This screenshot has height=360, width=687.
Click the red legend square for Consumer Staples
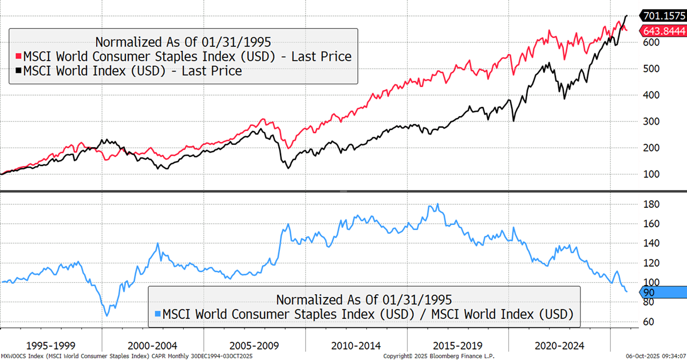(x=18, y=56)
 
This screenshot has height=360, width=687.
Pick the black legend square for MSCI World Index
(x=18, y=71)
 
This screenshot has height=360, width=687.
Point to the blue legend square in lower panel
(x=157, y=314)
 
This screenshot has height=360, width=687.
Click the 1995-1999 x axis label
(x=51, y=346)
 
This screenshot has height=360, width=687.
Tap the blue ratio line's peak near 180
(x=437, y=204)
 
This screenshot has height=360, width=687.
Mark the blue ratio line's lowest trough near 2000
(x=106, y=315)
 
